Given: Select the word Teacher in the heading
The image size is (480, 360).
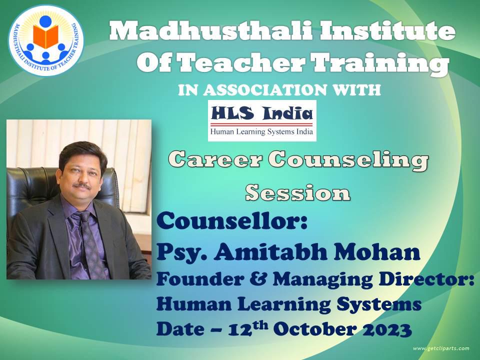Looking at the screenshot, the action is pos(241,62).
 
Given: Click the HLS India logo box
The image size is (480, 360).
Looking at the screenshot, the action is pos(262,120).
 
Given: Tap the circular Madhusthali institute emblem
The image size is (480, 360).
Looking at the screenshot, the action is pos(45,40).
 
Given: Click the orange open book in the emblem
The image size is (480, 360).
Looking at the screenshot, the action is pos(45,36).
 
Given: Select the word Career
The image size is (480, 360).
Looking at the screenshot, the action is pos(215,160).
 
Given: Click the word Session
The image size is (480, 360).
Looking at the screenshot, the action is pos(297,193).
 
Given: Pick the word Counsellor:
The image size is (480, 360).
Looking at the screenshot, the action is pos(231,220).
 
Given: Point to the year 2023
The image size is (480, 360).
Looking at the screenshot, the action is pos(386,329).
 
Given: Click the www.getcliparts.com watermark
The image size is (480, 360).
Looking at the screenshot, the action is pos(441,348).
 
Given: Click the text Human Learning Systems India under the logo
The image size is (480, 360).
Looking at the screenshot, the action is pos(261,132).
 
